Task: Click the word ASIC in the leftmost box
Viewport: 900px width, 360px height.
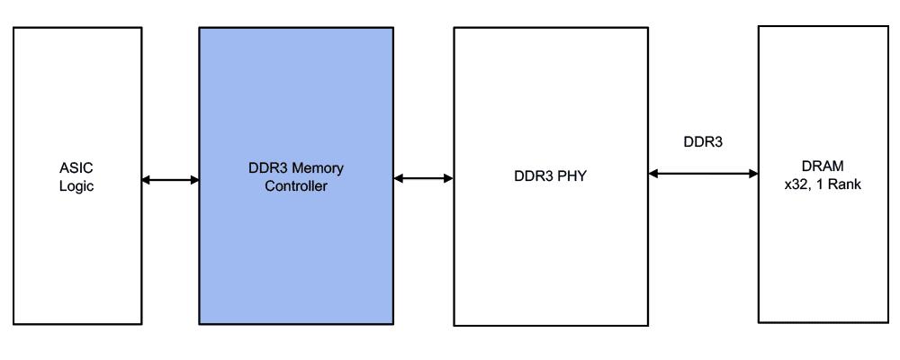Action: pos(76,168)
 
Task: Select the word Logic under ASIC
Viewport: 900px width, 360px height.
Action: pos(76,186)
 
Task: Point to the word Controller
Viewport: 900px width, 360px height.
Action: pos(296,186)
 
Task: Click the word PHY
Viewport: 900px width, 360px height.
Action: pos(570,176)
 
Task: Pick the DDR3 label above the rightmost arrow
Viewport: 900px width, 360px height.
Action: pos(703,141)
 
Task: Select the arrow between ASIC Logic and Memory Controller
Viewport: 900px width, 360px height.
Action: pos(170,180)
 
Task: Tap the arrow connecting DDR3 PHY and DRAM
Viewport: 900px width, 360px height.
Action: pos(703,173)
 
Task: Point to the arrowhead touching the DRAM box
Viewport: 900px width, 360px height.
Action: pos(752,173)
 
